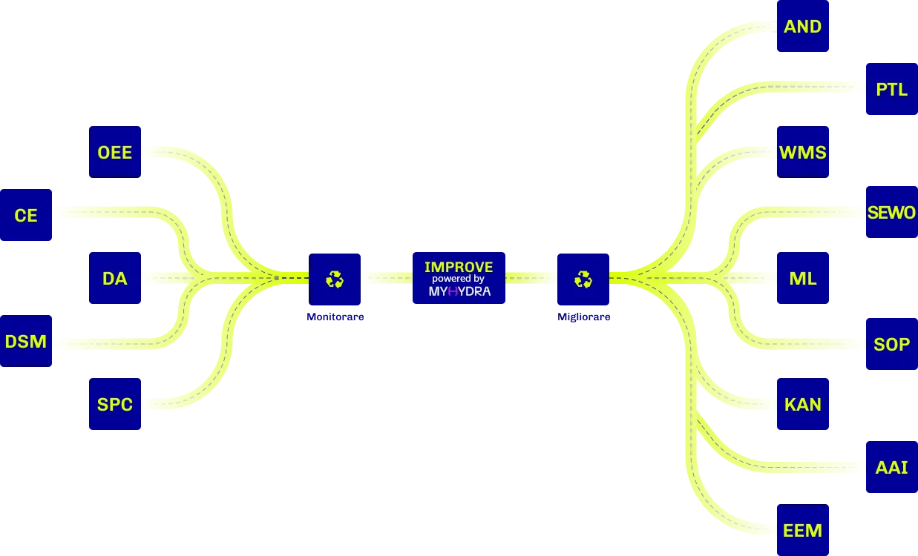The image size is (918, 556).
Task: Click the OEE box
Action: pyautogui.click(x=115, y=152)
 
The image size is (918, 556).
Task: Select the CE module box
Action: pyautogui.click(x=26, y=215)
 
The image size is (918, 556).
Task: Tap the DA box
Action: pyautogui.click(x=115, y=278)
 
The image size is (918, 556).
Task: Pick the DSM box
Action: pyautogui.click(x=26, y=341)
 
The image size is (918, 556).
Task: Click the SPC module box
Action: pyautogui.click(x=115, y=404)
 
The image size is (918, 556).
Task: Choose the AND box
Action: pyautogui.click(x=803, y=26)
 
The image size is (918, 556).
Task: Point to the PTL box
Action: pyautogui.click(x=892, y=89)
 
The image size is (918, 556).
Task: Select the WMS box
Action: pyautogui.click(x=803, y=152)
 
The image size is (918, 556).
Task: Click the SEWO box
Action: pyautogui.click(x=892, y=212)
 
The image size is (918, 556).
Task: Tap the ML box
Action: pyautogui.click(x=803, y=278)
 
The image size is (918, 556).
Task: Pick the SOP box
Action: pyautogui.click(x=892, y=344)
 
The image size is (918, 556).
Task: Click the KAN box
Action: pyautogui.click(x=803, y=404)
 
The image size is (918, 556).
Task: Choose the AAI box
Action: pyautogui.click(x=892, y=467)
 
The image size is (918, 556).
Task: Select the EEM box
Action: pyautogui.click(x=803, y=530)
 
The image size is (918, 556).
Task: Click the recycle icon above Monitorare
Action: pyautogui.click(x=335, y=279)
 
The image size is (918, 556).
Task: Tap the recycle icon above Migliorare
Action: pyautogui.click(x=583, y=279)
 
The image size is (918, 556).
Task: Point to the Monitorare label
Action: pyautogui.click(x=335, y=317)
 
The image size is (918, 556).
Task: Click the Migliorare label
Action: pyautogui.click(x=583, y=317)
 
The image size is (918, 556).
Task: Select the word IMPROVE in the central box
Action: pyautogui.click(x=459, y=267)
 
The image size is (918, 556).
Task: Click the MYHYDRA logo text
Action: pyautogui.click(x=459, y=291)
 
